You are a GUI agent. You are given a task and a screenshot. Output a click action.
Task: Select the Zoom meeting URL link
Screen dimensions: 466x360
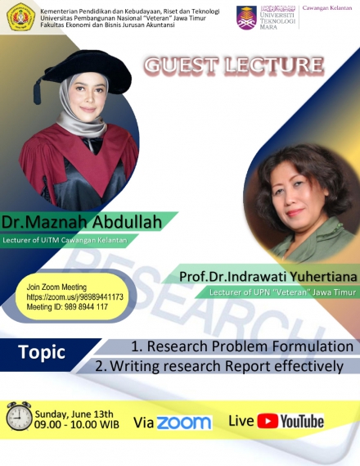[74, 297]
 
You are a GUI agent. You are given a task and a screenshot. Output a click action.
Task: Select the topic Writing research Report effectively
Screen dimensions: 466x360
[218, 366]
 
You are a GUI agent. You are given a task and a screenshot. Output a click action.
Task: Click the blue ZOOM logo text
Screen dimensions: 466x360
[183, 423]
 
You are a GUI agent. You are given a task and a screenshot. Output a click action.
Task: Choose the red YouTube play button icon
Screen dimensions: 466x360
[267, 422]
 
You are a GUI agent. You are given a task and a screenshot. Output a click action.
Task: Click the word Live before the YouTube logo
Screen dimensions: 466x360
[241, 421]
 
